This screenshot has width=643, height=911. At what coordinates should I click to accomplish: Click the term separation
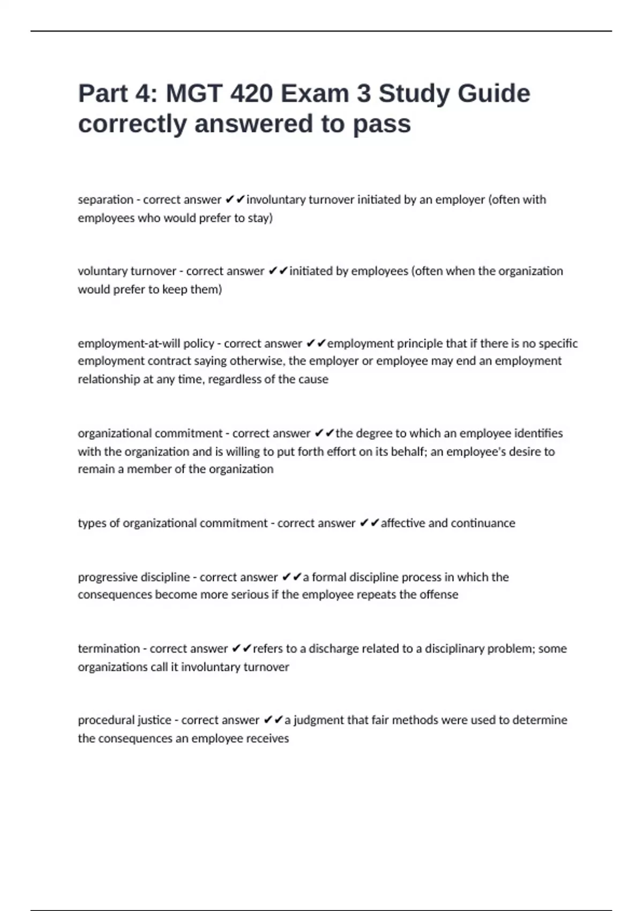coord(106,200)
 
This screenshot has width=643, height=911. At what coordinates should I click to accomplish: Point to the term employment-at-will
coord(129,344)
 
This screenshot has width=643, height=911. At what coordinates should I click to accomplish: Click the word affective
coord(403,523)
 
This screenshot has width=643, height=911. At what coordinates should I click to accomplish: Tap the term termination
coord(108,649)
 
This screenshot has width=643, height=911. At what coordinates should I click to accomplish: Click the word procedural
coord(106,720)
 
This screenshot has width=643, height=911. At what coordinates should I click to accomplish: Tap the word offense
coord(438,595)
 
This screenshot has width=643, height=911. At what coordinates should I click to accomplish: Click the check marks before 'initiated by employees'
coord(278,271)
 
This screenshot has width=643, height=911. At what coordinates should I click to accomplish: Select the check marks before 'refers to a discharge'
coord(241,649)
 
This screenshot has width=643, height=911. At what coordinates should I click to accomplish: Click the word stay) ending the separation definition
coord(260,218)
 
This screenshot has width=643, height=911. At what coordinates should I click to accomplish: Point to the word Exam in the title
coord(315,94)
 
